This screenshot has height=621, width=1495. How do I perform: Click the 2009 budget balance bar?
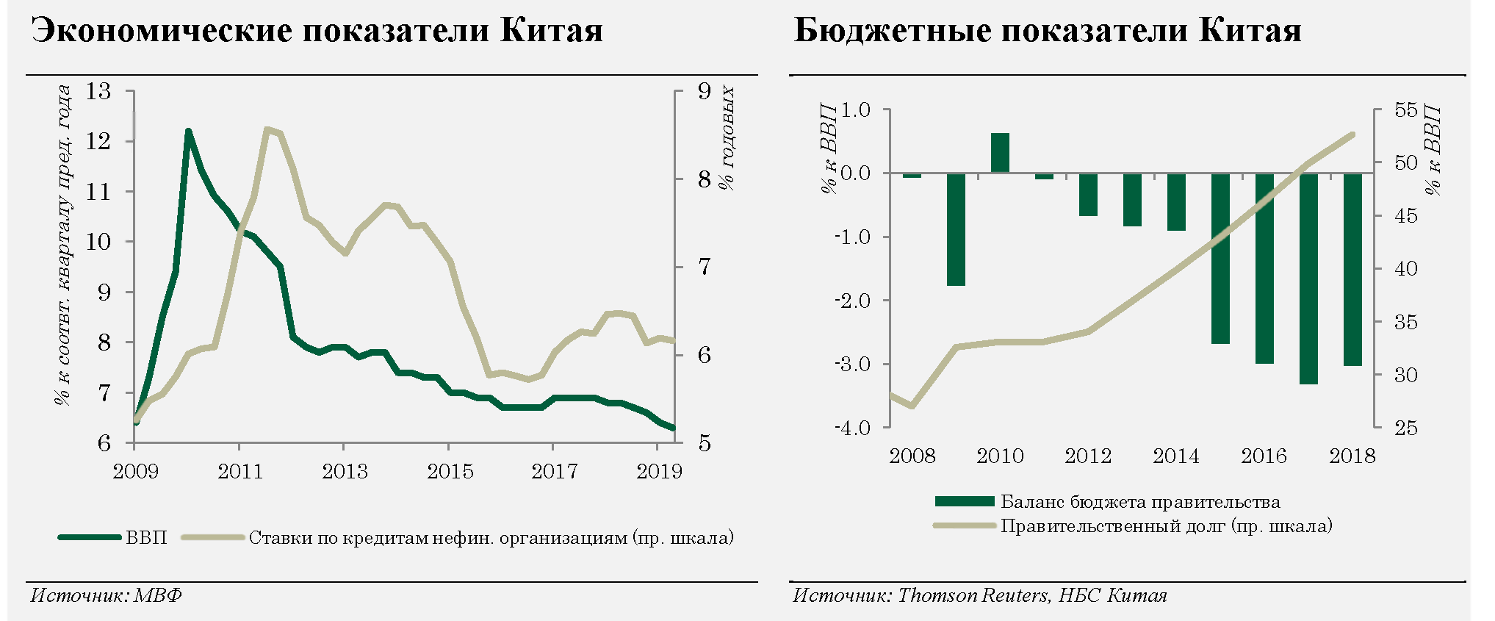[956, 229]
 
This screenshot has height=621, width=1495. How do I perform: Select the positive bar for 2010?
[1000, 153]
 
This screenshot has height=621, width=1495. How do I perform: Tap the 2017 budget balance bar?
[1308, 279]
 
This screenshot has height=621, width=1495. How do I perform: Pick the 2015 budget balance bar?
[1220, 258]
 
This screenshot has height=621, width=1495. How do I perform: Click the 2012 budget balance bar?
[1088, 194]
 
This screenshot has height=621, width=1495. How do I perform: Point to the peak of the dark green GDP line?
[188, 132]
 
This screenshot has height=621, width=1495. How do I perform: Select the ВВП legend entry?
[146, 538]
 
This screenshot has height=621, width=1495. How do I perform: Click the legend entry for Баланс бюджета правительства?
[1140, 502]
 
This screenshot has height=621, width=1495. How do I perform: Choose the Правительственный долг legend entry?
[1166, 526]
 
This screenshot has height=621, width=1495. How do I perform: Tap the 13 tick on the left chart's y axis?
[98, 92]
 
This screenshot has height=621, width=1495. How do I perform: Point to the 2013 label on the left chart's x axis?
[345, 471]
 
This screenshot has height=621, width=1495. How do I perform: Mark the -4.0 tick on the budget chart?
[852, 428]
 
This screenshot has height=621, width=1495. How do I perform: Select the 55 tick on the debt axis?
[1405, 110]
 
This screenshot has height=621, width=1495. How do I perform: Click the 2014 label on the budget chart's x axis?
[1175, 456]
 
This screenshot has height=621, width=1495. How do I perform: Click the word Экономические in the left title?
[161, 31]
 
